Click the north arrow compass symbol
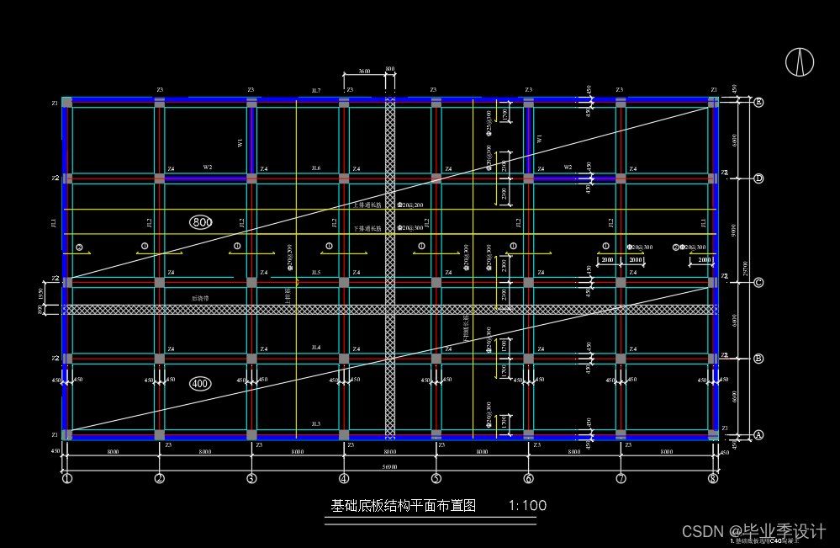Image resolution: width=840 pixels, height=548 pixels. [x=800, y=61]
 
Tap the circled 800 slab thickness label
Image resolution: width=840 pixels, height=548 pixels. [x=201, y=222]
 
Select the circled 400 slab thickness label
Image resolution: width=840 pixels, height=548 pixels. [x=200, y=384]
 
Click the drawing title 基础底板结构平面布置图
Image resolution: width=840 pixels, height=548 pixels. [x=404, y=506]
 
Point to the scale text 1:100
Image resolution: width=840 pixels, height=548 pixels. [x=528, y=506]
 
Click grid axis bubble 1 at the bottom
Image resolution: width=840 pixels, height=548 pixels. [x=67, y=479]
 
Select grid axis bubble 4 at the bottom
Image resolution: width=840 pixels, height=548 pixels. [x=344, y=479]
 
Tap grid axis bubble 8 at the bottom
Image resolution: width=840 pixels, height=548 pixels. [x=713, y=479]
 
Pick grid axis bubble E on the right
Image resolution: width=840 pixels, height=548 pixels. [x=758, y=103]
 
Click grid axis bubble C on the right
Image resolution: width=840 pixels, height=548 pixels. [x=758, y=283]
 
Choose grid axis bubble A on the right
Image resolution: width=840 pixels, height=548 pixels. [x=758, y=435]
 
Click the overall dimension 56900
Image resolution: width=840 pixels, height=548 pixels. [x=389, y=466]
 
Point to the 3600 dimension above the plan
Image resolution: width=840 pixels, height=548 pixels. [x=364, y=72]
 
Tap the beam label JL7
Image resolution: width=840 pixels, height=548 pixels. [x=316, y=90]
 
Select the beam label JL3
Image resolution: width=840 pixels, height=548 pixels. [x=316, y=423]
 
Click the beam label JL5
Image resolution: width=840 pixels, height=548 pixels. [x=316, y=273]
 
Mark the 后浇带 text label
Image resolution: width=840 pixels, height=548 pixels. [x=199, y=298]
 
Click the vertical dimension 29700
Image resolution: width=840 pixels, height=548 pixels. [x=746, y=268]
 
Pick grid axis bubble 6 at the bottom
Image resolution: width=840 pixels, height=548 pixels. [x=528, y=479]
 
